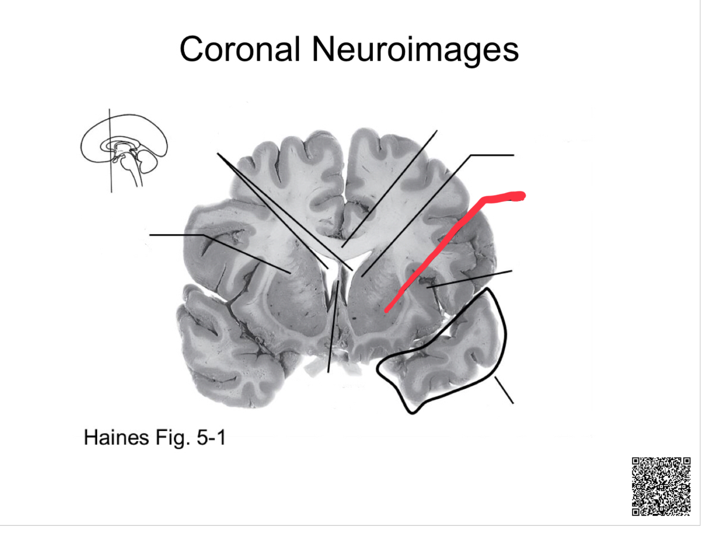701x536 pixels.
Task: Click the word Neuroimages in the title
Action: click(x=415, y=49)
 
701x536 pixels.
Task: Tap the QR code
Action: click(x=661, y=486)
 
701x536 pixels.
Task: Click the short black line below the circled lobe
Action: click(x=504, y=391)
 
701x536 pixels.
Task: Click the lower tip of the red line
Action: click(x=387, y=310)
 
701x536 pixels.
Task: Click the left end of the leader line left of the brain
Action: click(x=151, y=235)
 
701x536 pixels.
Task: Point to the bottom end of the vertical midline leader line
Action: click(x=328, y=371)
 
